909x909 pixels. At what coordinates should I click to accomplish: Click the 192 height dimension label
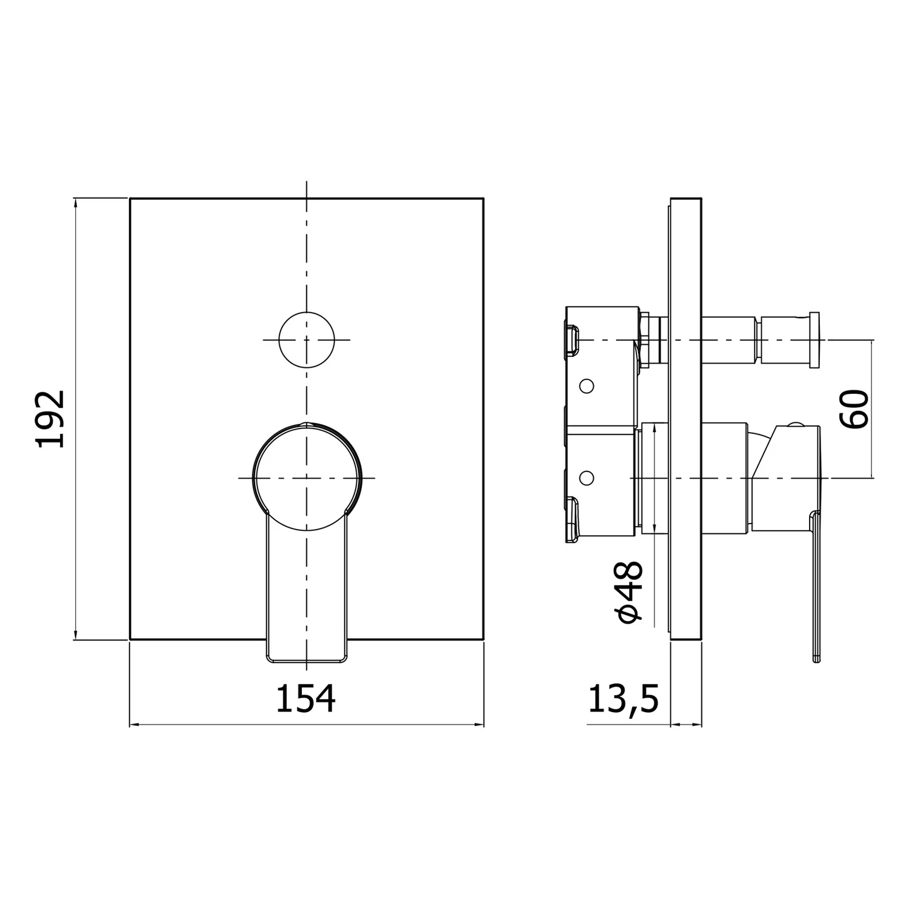[51, 419]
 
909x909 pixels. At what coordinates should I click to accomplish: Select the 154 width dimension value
[306, 698]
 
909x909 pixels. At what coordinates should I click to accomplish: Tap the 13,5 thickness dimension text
[623, 699]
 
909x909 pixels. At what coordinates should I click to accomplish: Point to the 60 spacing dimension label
[854, 410]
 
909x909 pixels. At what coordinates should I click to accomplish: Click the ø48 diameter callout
[628, 591]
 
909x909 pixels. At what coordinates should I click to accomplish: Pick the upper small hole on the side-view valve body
[586, 385]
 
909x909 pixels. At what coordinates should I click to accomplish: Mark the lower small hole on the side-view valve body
[586, 478]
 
